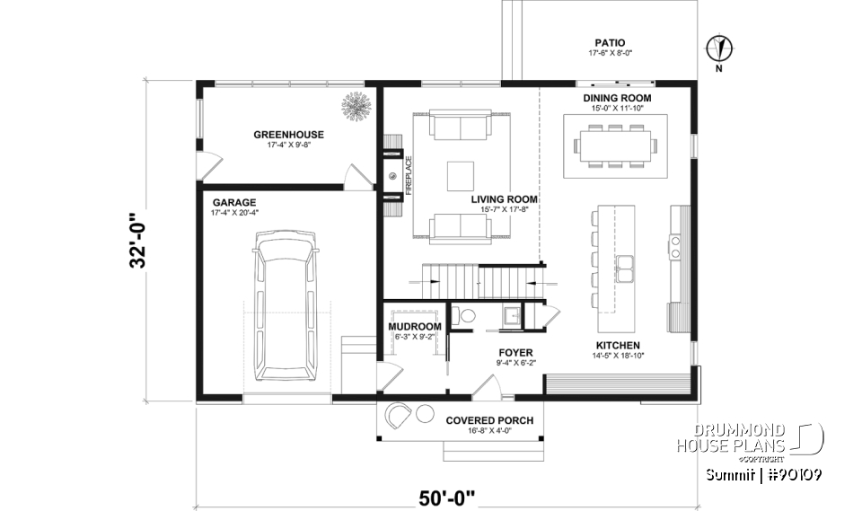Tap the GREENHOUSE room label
point(288,135)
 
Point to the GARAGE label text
point(233,203)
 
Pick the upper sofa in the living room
point(461,126)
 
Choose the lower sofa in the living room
point(461,228)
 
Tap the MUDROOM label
point(414,326)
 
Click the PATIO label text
point(609,42)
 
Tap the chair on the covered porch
point(400,416)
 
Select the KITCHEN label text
point(618,345)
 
